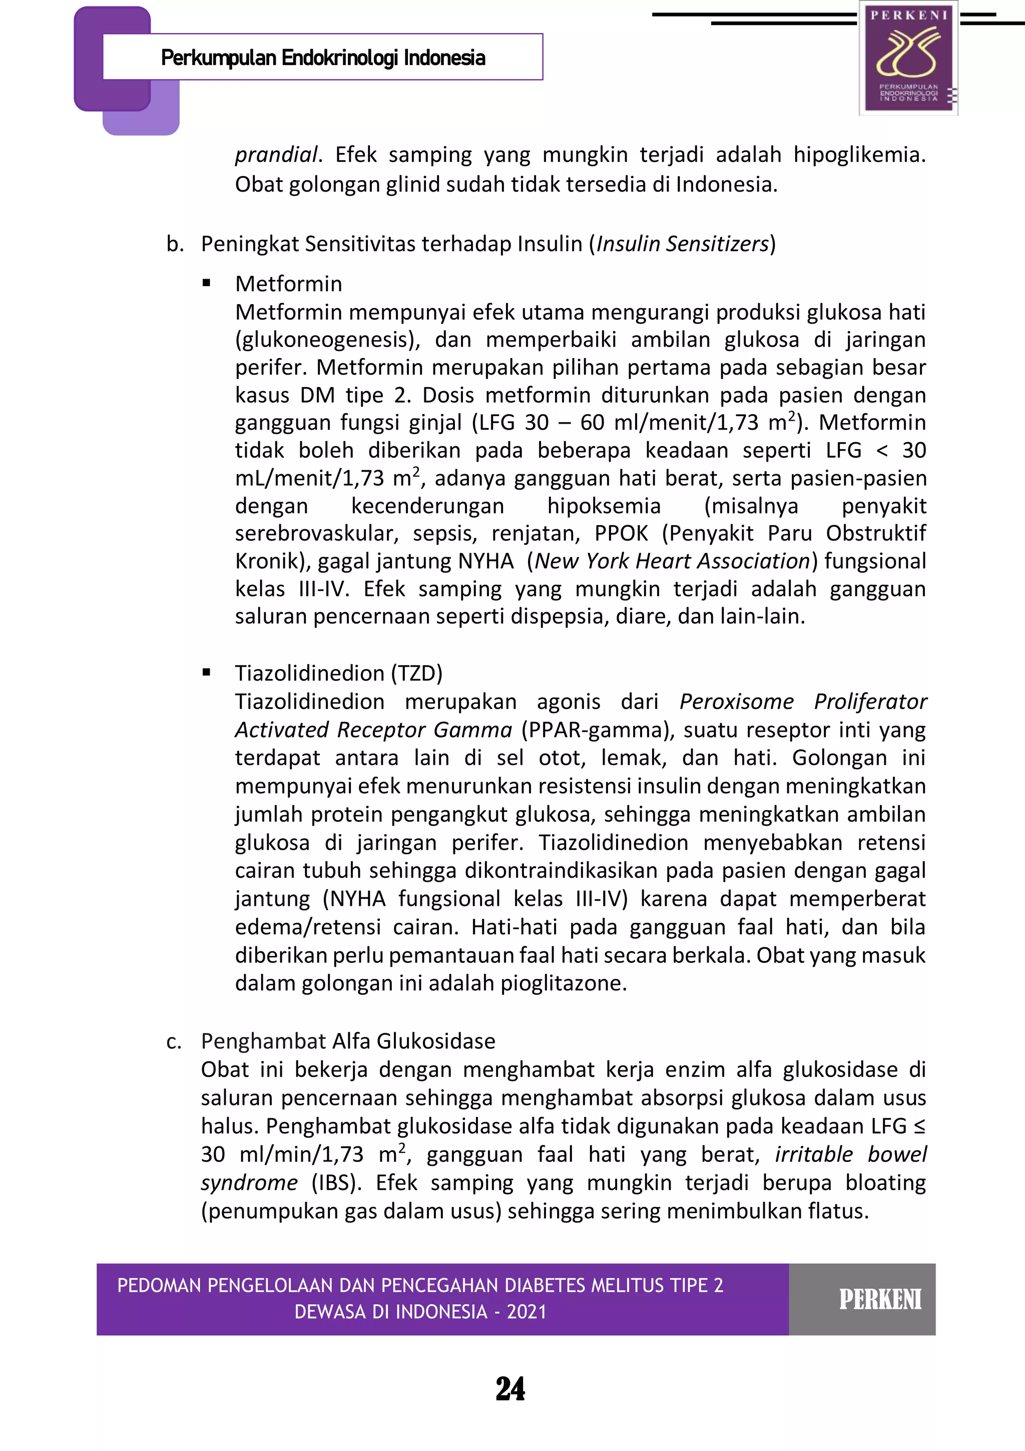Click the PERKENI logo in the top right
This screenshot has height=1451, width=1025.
[908, 58]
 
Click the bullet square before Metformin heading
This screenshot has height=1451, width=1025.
[206, 284]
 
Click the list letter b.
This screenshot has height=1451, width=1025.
[175, 244]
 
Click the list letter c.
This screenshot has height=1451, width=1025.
[174, 1041]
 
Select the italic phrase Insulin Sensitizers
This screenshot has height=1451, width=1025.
[682, 244]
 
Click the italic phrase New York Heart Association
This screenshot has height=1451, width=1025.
[672, 561]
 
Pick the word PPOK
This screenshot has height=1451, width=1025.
[621, 533]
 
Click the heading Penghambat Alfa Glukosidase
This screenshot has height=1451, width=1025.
[348, 1041]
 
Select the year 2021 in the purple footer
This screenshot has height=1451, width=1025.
[526, 1312]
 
